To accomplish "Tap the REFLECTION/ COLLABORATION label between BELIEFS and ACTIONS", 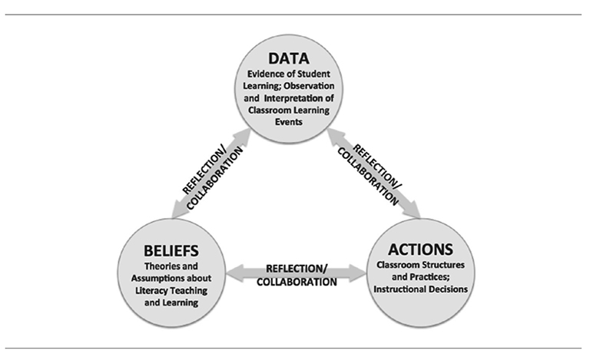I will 300,275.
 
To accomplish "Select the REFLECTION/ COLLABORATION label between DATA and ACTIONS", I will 373,170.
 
